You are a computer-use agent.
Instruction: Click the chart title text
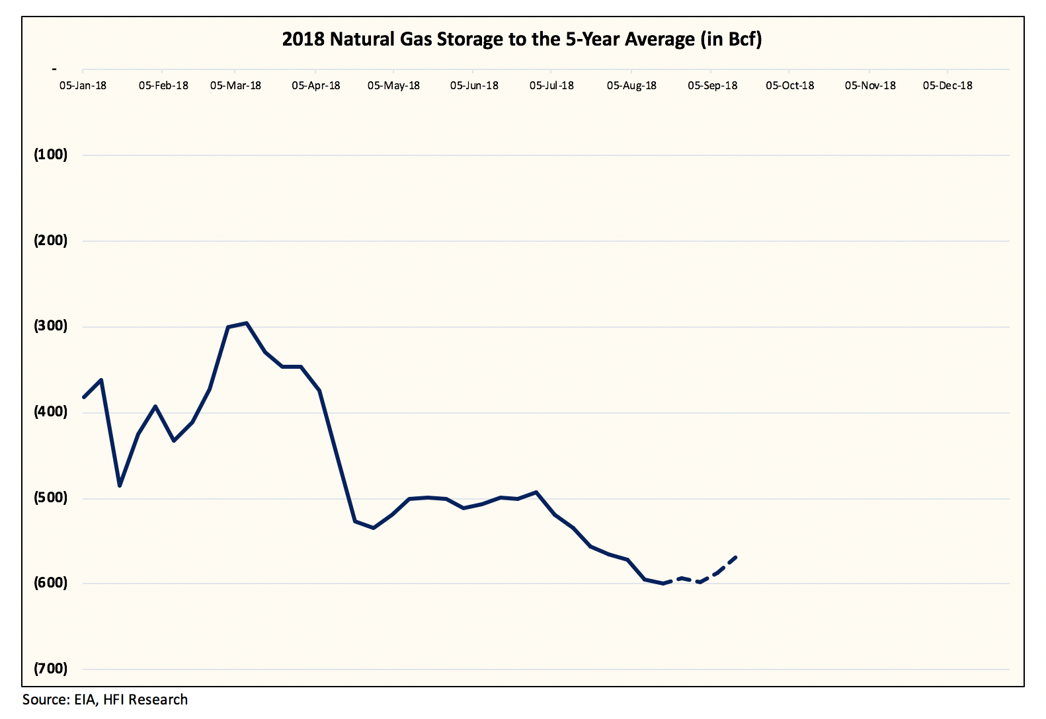(x=522, y=40)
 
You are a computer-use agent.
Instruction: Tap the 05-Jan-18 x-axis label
(x=83, y=86)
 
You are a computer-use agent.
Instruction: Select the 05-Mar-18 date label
(x=235, y=86)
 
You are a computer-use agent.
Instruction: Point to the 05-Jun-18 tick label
(x=474, y=86)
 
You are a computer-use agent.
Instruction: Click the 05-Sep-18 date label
(x=712, y=86)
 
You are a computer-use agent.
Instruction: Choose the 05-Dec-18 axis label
(x=947, y=86)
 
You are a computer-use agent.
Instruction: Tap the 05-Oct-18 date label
(x=789, y=86)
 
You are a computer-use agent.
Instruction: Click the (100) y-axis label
(x=51, y=155)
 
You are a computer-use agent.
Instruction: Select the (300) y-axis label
(x=51, y=326)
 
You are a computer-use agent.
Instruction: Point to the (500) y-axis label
(x=51, y=498)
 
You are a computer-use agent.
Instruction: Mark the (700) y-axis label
(x=51, y=669)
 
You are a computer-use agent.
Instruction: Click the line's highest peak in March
(x=246, y=323)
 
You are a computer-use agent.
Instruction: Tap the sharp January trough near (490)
(x=120, y=486)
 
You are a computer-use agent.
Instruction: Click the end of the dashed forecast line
(x=737, y=557)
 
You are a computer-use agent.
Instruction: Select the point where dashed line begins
(x=663, y=584)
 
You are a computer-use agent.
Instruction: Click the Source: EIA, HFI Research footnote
(x=105, y=700)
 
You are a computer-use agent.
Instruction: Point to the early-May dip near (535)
(x=374, y=528)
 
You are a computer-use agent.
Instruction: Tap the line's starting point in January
(x=83, y=397)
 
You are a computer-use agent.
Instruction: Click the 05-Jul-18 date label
(x=551, y=86)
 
